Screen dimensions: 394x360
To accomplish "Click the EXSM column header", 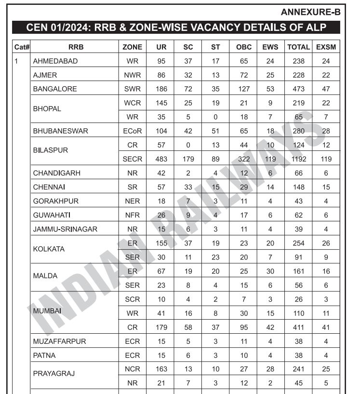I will click(326, 47).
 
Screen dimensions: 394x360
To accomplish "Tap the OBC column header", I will click(244, 47).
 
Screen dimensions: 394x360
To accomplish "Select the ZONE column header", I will click(133, 47).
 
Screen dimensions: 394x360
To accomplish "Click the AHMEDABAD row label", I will click(55, 61).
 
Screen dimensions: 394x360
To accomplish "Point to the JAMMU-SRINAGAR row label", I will click(65, 229).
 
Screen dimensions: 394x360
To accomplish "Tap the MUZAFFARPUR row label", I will click(59, 341).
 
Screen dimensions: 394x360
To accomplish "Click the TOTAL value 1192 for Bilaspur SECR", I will click(298, 159).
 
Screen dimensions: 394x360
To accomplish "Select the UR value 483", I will click(162, 159).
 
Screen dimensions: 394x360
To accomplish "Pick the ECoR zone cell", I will click(133, 131).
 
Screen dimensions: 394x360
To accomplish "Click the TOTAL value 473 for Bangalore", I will click(298, 89).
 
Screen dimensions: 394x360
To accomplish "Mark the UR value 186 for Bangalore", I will click(162, 89).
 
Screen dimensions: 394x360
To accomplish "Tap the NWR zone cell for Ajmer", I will click(133, 75).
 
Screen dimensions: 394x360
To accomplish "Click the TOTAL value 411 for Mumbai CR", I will click(298, 327).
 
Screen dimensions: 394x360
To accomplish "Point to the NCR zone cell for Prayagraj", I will click(133, 369).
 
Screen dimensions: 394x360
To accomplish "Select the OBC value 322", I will click(244, 159).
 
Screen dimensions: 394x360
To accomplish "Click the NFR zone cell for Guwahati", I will click(133, 215).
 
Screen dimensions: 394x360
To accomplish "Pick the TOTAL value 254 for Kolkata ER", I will click(298, 244).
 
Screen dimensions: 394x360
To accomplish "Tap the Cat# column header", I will click(22, 47).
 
